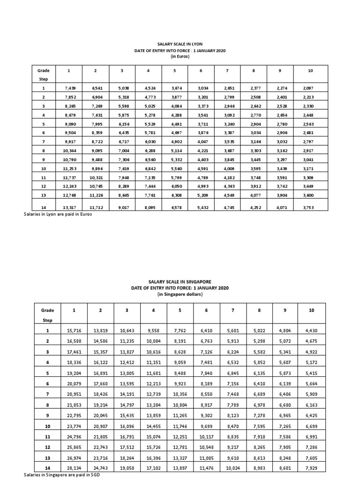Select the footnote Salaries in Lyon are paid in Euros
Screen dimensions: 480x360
[x=57, y=214]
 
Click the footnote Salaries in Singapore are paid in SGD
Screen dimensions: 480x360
[x=62, y=475]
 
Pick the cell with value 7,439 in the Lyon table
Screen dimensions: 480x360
[x=69, y=88]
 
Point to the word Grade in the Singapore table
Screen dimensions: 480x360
[x=47, y=310]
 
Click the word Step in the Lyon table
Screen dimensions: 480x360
[x=44, y=80]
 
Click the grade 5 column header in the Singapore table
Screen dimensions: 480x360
[x=179, y=310]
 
